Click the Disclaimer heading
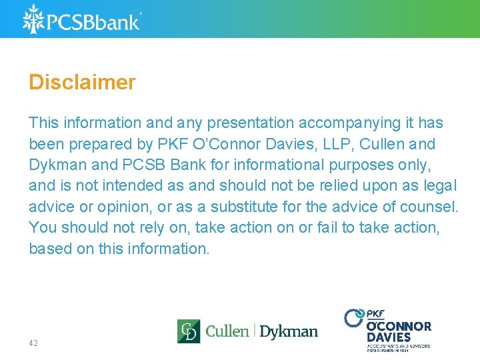pyautogui.click(x=82, y=83)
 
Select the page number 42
pyautogui.click(x=33, y=343)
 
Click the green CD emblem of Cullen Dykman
pyautogui.click(x=188, y=331)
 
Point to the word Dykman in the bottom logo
pyautogui.click(x=289, y=331)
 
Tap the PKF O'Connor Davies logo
pyautogui.click(x=388, y=329)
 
